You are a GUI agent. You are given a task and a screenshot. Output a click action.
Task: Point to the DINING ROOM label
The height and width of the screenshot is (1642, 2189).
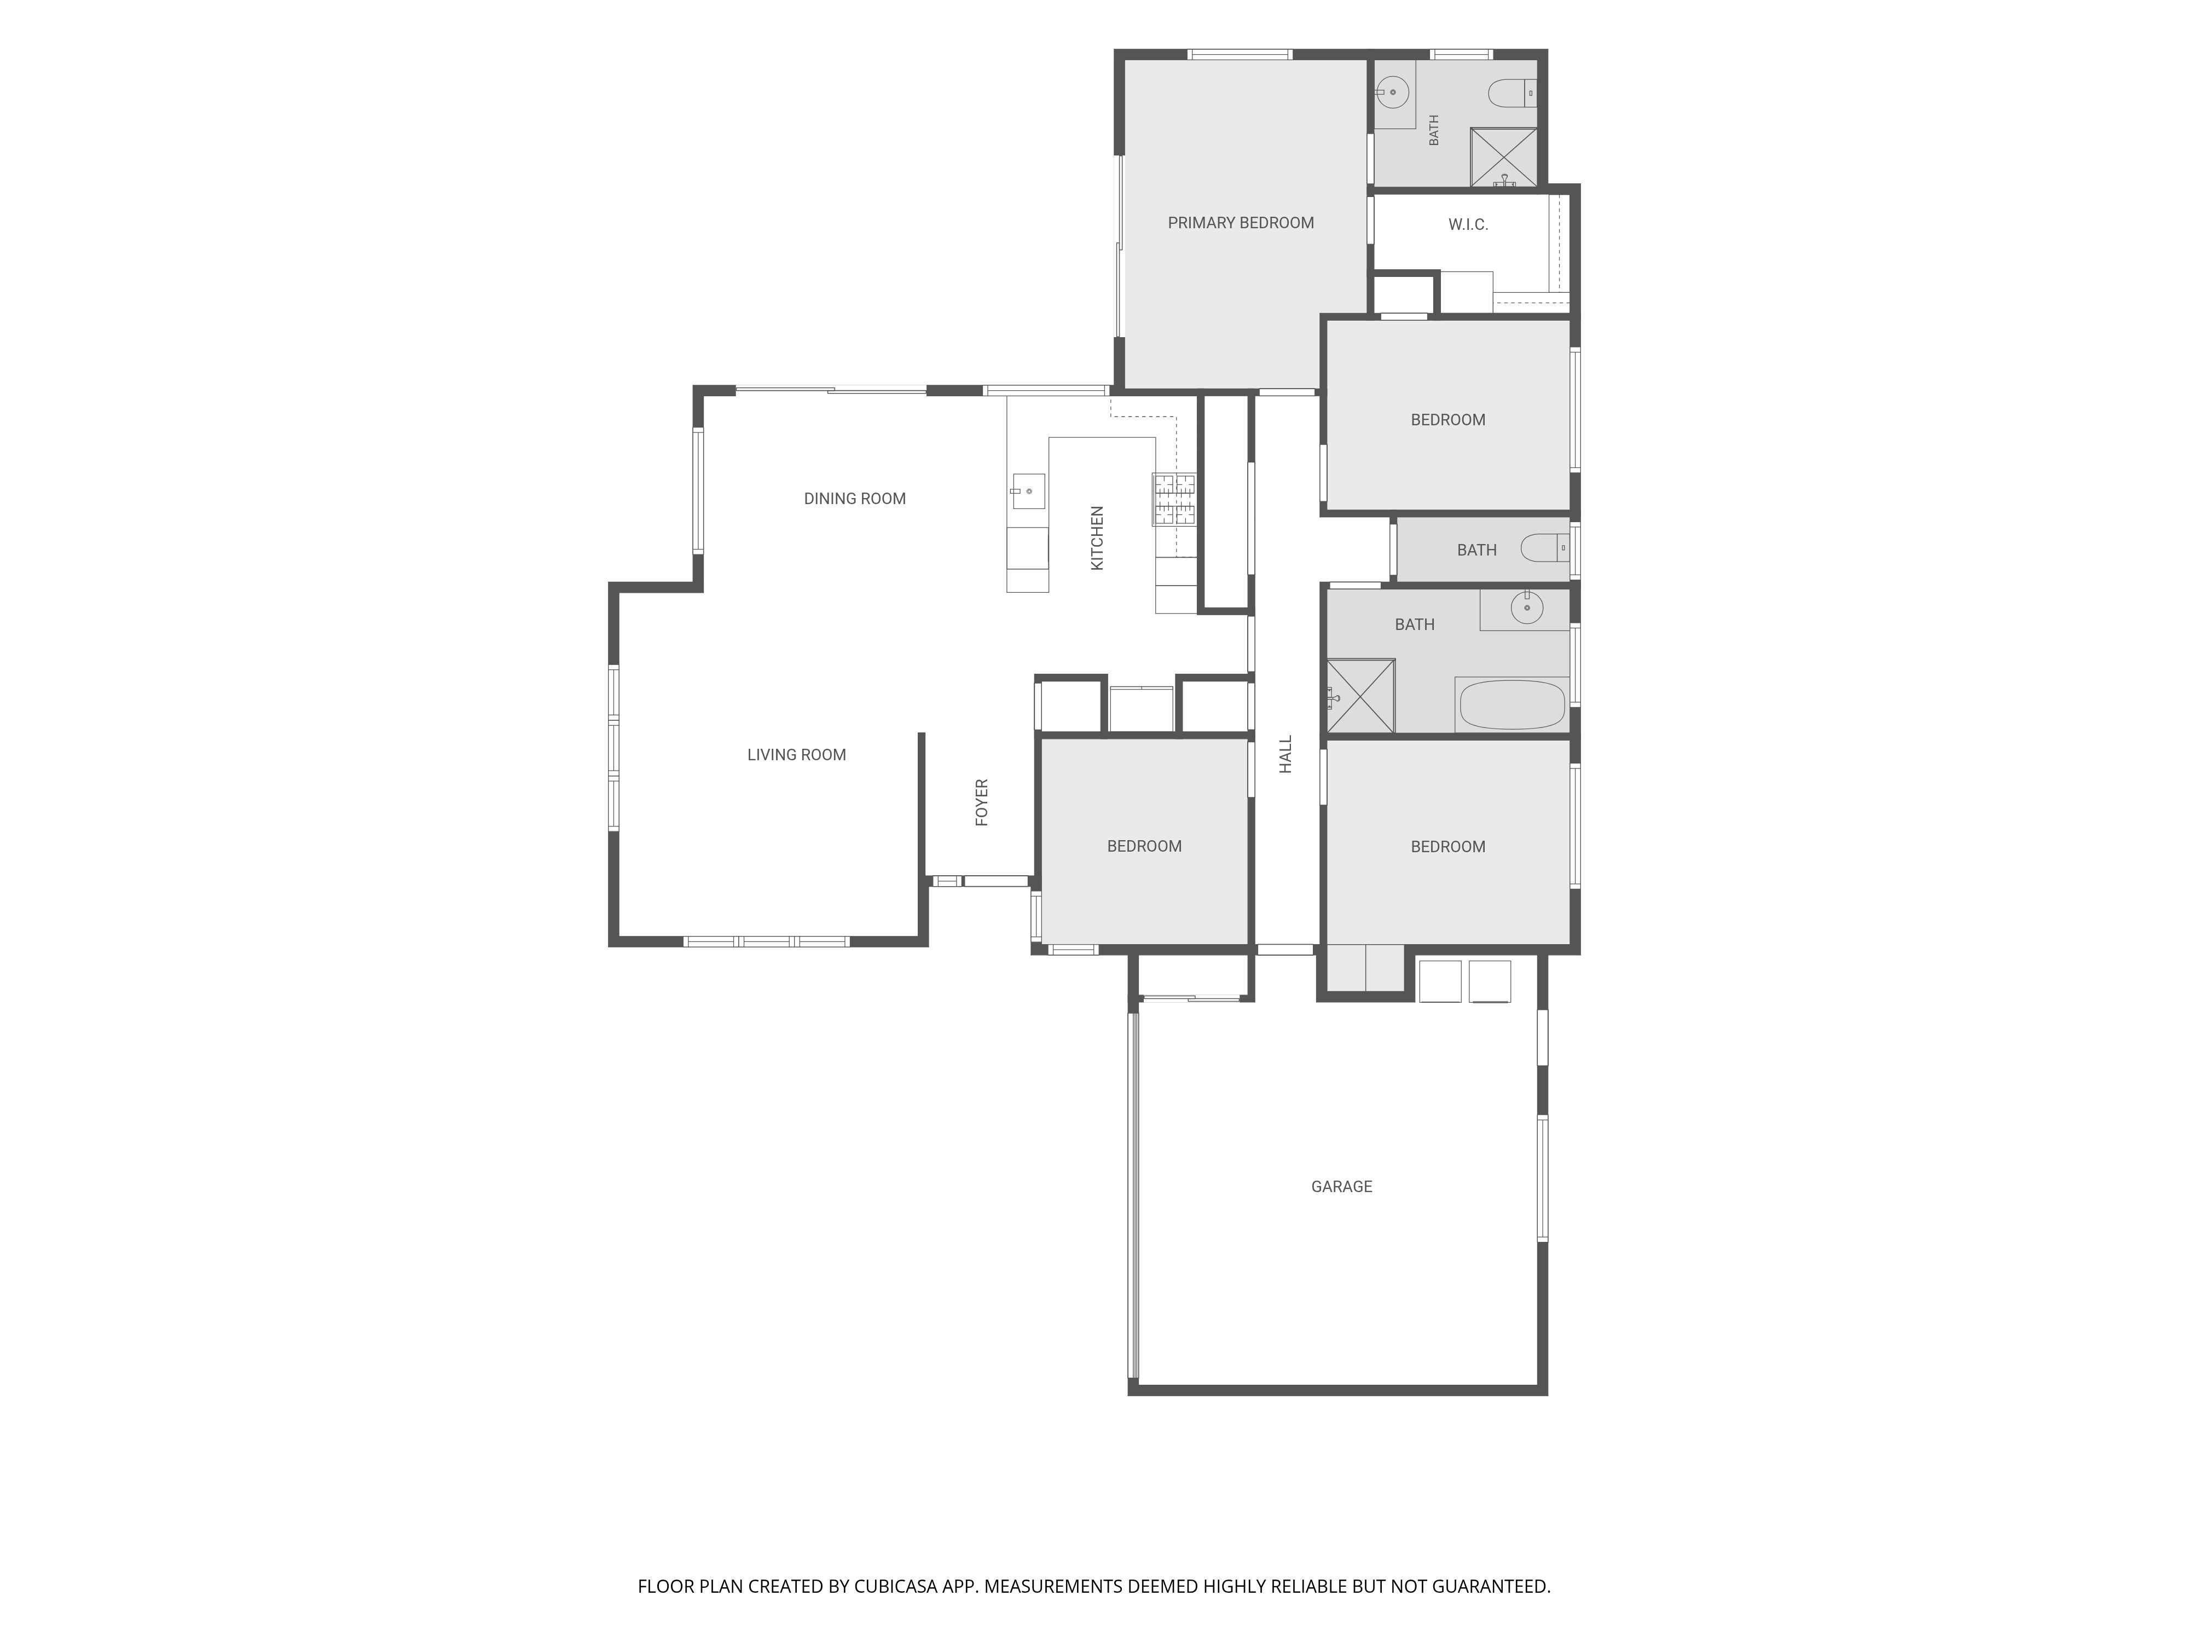coord(854,499)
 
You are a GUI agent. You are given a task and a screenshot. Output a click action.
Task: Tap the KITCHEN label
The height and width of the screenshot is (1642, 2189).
coord(1097,539)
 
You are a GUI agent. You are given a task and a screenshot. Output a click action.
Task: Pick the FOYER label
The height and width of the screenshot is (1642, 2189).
coord(982,803)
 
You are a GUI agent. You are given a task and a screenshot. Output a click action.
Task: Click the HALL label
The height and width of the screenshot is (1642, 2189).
coord(1285,754)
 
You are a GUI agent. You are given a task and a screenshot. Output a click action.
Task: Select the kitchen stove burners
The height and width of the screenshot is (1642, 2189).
coord(1174,500)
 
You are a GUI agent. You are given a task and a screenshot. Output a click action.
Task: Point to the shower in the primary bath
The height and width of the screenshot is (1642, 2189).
coord(1503,157)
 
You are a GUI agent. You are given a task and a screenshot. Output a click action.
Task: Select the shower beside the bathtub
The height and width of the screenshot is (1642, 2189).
coord(1360,697)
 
